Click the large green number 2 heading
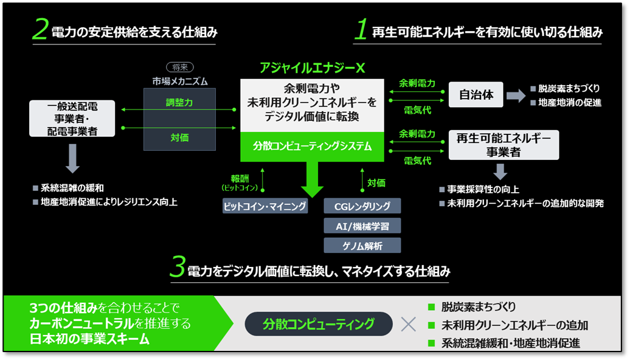tap(41, 31)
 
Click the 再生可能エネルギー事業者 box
tap(503, 145)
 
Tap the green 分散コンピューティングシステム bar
tap(313, 147)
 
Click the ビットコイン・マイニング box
tap(265, 206)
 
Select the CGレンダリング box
tap(362, 206)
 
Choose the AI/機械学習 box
tap(362, 226)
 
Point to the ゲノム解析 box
tap(362, 245)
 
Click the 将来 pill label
tap(179, 67)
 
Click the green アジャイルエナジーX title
tap(312, 68)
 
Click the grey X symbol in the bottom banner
tap(409, 324)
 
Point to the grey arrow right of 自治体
tap(516, 96)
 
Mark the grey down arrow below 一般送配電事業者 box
tap(72, 159)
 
